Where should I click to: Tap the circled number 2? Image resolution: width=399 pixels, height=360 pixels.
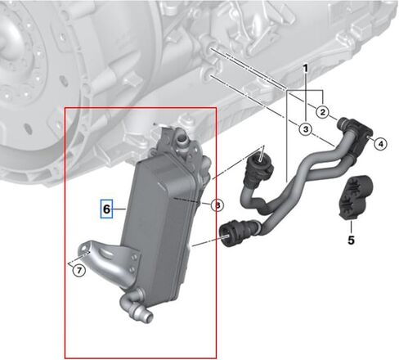323,110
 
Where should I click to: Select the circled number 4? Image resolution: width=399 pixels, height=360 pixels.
379,145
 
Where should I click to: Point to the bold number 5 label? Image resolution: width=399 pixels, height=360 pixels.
351,241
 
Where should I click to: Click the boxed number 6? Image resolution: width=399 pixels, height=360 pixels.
106,210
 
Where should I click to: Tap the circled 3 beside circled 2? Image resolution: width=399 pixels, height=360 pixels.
304,129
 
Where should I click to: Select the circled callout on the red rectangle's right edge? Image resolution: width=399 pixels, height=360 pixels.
216,205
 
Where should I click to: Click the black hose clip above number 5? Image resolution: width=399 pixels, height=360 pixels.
355,196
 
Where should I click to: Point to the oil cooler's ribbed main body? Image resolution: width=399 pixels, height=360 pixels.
159,208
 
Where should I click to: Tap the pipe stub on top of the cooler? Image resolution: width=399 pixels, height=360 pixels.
182,140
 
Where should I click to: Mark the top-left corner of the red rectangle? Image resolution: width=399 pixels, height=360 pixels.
66,107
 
